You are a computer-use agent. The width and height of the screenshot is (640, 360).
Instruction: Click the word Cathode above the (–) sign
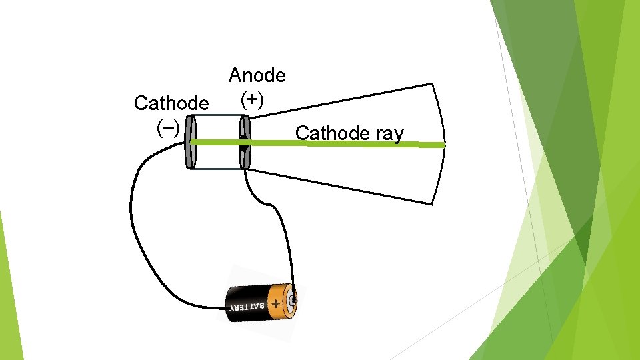pos(171,103)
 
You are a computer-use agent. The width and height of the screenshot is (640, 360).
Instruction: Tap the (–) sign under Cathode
pos(167,127)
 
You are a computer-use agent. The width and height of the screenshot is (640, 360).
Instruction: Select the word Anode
pos(257,75)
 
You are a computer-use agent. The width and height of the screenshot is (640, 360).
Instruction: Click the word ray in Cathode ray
pos(390,134)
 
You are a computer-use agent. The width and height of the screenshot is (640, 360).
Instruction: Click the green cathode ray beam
pos(333,143)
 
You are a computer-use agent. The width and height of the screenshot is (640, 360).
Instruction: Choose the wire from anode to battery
pos(283,227)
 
